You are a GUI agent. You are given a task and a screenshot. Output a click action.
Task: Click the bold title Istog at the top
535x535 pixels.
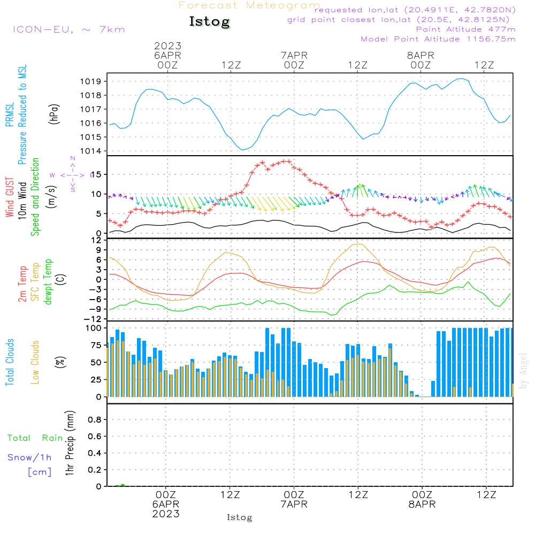[209, 22]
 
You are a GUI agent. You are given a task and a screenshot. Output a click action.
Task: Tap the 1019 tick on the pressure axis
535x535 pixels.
[91, 82]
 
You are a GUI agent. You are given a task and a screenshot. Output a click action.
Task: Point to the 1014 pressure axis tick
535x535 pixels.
[91, 151]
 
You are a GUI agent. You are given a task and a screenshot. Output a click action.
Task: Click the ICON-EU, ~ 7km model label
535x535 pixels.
[68, 29]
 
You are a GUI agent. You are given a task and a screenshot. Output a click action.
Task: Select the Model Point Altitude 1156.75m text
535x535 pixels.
[438, 39]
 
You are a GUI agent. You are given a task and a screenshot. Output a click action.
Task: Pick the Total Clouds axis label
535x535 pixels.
[10, 362]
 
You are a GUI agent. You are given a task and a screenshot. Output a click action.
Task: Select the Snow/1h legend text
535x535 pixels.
[30, 457]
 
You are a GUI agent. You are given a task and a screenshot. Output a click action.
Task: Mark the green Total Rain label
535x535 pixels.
[35, 438]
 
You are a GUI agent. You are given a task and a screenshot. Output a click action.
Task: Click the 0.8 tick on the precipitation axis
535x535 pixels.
[95, 420]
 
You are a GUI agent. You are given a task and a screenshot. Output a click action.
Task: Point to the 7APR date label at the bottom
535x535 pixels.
[294, 504]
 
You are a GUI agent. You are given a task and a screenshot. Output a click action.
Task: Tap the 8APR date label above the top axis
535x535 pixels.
[421, 55]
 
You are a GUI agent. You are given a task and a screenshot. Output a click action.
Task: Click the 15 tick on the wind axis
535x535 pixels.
[97, 174]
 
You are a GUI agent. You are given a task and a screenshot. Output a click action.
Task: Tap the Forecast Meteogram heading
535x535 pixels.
[249, 5]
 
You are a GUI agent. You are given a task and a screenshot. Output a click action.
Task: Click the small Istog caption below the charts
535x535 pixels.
[239, 518]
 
